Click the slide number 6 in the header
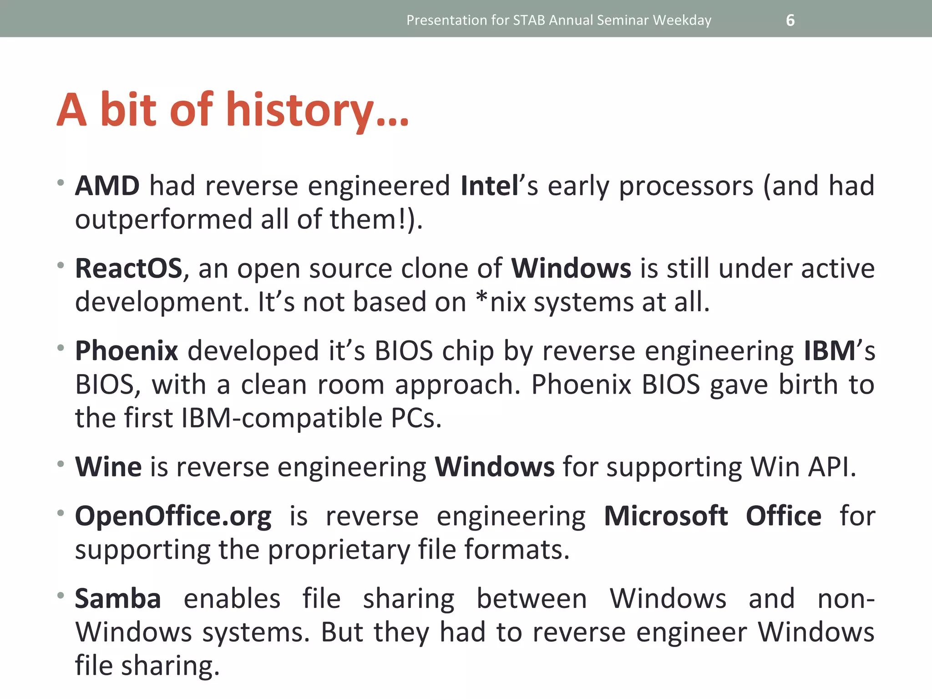(790, 20)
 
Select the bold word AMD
(107, 186)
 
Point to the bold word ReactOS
(128, 268)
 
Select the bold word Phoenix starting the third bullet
(127, 351)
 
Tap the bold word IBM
(830, 351)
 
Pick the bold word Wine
(108, 467)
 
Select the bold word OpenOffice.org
(173, 517)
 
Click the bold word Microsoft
(665, 517)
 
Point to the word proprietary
(339, 550)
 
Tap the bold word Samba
(118, 599)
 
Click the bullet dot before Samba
(61, 595)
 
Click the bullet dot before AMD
(61, 182)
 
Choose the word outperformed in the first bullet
(163, 220)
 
